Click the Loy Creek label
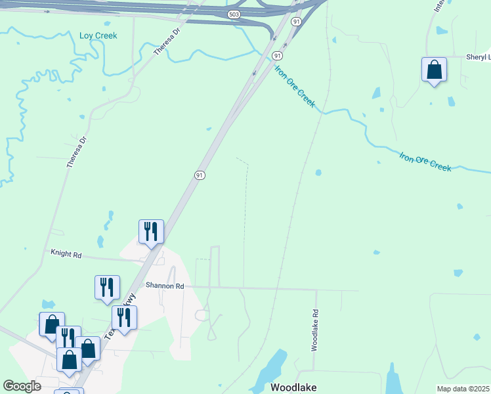click(98, 35)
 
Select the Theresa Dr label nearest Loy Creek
click(166, 41)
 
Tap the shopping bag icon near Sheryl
click(434, 69)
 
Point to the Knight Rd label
click(66, 253)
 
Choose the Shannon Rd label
click(165, 286)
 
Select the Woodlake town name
click(293, 387)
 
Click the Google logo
click(22, 386)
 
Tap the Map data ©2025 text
click(463, 389)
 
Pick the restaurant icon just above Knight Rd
click(151, 232)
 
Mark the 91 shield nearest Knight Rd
click(200, 175)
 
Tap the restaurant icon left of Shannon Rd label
click(107, 287)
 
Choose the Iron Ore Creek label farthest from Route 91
click(425, 161)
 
